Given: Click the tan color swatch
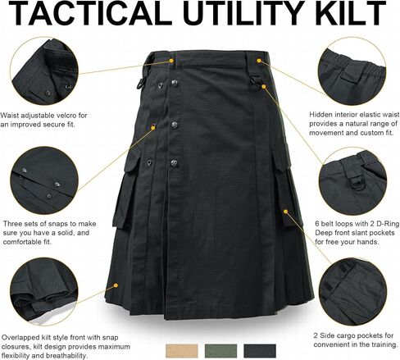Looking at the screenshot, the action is click(182, 351).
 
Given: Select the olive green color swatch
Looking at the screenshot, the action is click(220, 351).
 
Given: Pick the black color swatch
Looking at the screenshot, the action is click(260, 351).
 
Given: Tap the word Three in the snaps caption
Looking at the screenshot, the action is click(12, 224).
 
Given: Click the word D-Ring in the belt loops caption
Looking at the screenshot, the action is click(388, 224).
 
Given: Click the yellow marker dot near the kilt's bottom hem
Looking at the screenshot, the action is click(116, 285).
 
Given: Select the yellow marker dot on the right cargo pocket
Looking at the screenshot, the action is click(285, 212).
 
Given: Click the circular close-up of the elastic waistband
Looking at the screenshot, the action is click(352, 71).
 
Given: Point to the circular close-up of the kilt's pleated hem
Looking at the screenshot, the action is click(44, 291).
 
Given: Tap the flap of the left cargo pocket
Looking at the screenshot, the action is click(133, 157).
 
